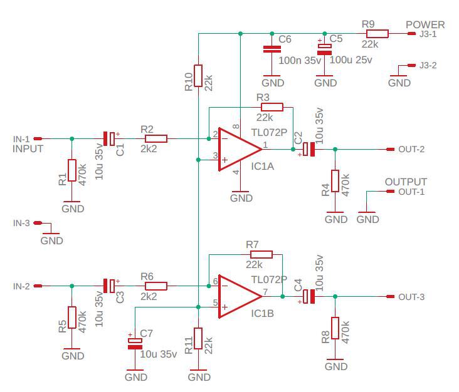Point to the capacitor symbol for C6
tap(272, 49)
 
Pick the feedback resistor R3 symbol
tap(272, 107)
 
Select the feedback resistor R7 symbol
tap(261, 254)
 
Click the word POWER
tap(425, 25)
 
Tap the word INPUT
tap(28, 149)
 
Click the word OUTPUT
tap(406, 182)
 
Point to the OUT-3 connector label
tap(411, 297)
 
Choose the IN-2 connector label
tap(21, 286)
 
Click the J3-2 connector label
tap(428, 65)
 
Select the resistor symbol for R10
tap(198, 76)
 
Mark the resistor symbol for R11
tap(198, 339)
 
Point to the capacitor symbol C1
tap(110, 138)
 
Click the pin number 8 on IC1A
tap(236, 127)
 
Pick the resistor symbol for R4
tap(335, 181)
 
